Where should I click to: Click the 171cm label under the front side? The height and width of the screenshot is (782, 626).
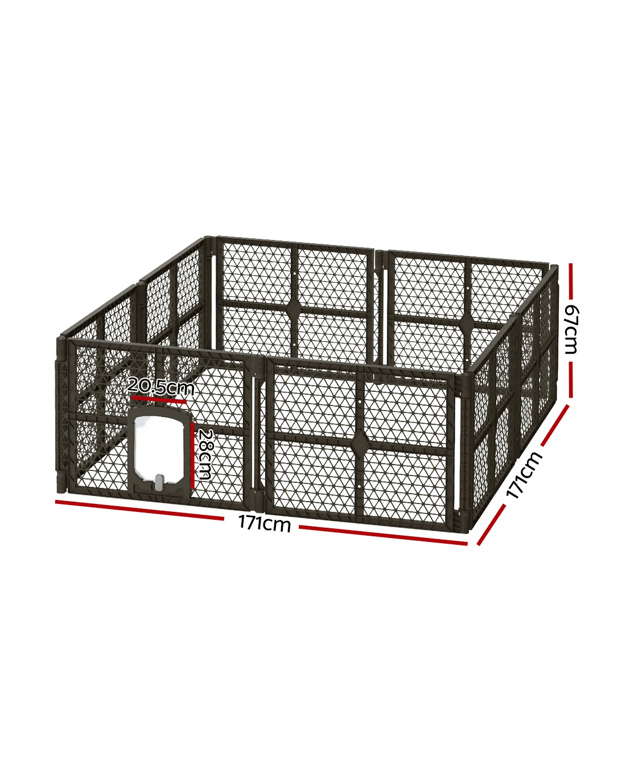point(265,524)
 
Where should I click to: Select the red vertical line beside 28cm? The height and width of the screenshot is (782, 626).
point(192,456)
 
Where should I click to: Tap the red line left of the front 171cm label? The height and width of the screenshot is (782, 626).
point(139,510)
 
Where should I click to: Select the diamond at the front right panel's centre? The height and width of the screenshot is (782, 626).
point(359,442)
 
